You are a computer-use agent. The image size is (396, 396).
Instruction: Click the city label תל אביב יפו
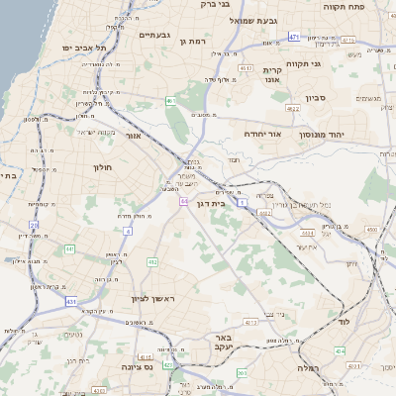(83, 47)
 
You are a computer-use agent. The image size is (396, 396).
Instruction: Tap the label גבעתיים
(155, 35)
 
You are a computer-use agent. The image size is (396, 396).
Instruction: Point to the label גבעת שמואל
(287, 20)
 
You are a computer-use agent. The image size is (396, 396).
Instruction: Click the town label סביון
(344, 97)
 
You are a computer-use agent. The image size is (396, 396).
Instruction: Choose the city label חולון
(104, 167)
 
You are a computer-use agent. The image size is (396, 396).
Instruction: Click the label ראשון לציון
(152, 298)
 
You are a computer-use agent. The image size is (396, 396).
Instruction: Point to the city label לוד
(373, 323)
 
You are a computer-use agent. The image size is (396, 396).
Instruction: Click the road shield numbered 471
(294, 37)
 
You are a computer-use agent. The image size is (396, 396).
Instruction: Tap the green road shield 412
(152, 261)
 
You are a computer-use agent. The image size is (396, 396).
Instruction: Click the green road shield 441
(70, 248)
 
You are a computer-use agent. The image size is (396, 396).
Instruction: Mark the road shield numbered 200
(243, 373)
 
